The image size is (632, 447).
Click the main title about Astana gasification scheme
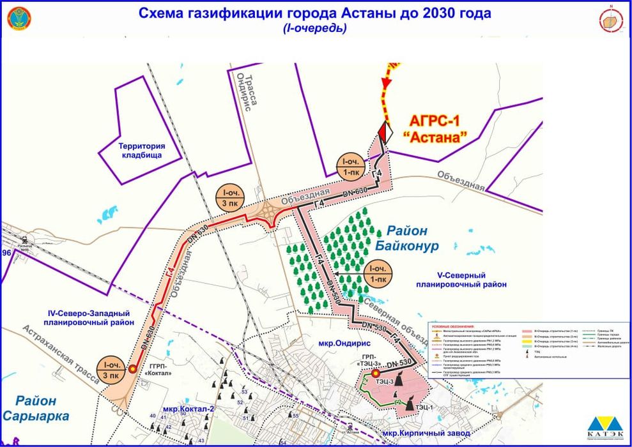(316, 13)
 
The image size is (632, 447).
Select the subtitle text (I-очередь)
(316, 29)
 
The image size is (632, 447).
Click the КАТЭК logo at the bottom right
(605, 427)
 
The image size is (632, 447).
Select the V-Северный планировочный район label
(461, 280)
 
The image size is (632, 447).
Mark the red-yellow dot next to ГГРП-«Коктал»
(132, 368)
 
